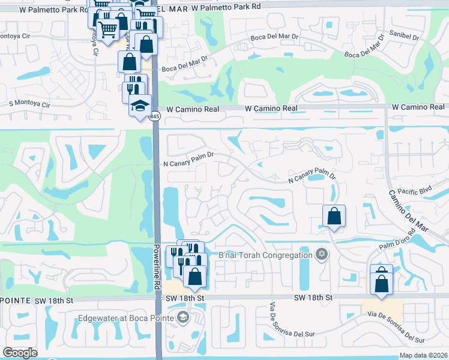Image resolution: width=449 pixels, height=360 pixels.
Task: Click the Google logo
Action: (20, 353)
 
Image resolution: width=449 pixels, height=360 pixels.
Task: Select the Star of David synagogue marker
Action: (321, 254)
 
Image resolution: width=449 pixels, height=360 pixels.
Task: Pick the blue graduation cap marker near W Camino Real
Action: (140, 106)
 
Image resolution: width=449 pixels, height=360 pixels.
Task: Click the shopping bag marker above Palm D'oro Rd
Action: (334, 216)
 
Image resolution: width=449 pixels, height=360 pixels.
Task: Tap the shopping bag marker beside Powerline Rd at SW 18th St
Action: (195, 277)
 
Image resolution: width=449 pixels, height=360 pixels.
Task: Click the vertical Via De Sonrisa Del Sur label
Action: (276, 328)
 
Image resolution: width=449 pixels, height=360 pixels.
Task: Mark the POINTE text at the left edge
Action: (11, 299)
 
